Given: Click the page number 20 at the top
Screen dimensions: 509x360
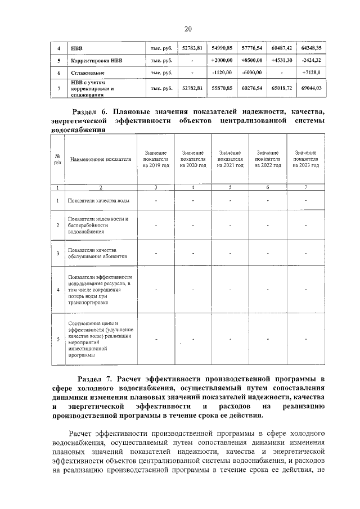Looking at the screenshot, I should pos(188,29).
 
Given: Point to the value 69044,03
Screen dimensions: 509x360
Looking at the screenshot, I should pos(311,88).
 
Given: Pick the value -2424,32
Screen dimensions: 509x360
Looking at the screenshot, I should pos(311,61).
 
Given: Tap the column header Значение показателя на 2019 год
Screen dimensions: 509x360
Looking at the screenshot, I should pos(155,159).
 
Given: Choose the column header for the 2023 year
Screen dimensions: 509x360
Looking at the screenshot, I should pos(305,159).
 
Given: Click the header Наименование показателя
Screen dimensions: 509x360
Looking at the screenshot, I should pos(100,160).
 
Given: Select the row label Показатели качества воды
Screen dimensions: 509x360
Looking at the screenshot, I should pos(100,201).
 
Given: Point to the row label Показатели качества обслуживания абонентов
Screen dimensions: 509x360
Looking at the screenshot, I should pos(96,253).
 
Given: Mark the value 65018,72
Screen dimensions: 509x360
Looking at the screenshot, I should pos(282,88).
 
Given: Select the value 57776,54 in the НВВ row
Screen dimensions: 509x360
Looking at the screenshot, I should pos(251,48).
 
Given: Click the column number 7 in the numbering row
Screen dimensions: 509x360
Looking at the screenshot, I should pos(305,187).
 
